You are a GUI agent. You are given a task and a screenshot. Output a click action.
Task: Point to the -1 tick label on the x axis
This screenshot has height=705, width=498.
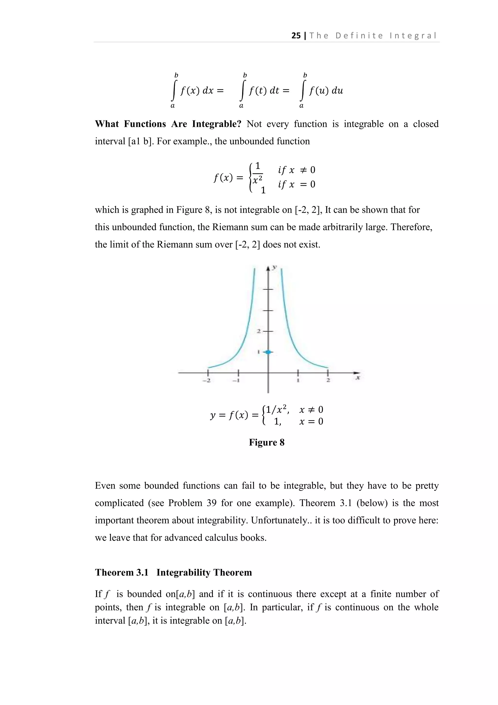(236, 381)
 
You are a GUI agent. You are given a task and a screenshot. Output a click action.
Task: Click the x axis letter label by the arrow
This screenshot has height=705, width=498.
(357, 378)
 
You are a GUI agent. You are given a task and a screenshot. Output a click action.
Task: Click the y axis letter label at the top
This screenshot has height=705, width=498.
(275, 267)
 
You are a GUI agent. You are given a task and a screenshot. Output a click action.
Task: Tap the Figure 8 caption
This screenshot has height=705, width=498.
(267, 443)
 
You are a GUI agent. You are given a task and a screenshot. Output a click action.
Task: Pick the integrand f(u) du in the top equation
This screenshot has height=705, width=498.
(326, 91)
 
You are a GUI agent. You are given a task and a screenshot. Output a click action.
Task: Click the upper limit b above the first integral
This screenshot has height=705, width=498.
(176, 75)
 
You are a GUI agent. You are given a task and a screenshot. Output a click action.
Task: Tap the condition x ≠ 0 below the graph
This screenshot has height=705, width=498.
(311, 410)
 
